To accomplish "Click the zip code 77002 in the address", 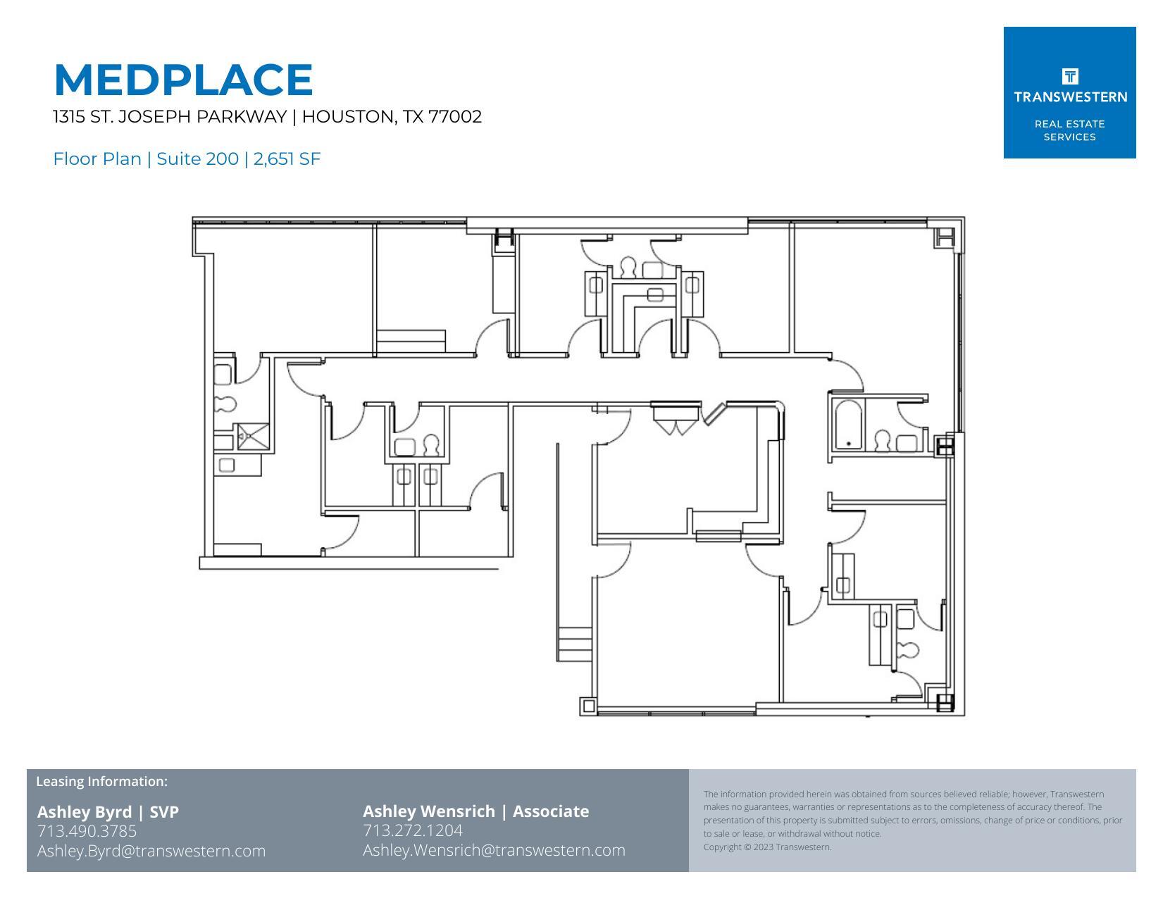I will [455, 117].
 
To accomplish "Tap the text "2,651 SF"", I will [287, 159].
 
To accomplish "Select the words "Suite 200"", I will [197, 159].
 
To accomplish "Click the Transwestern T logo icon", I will [1069, 76].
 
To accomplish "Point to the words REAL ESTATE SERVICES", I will [1069, 130].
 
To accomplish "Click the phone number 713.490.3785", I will [87, 831].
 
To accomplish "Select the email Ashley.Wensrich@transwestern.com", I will [494, 850].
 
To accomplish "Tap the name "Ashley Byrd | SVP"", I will [108, 812].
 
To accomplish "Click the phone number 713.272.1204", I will [413, 831].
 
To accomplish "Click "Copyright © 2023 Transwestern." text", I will [767, 847].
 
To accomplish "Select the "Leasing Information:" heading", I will [101, 781].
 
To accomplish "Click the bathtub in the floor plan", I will [847, 425].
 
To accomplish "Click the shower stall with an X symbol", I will [251, 436].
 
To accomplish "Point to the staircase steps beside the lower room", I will [574, 644].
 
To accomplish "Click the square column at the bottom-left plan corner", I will [587, 705].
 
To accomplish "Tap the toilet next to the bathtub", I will [882, 441].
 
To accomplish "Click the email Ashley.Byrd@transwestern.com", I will [151, 851].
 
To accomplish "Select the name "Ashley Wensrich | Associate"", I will [475, 811].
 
